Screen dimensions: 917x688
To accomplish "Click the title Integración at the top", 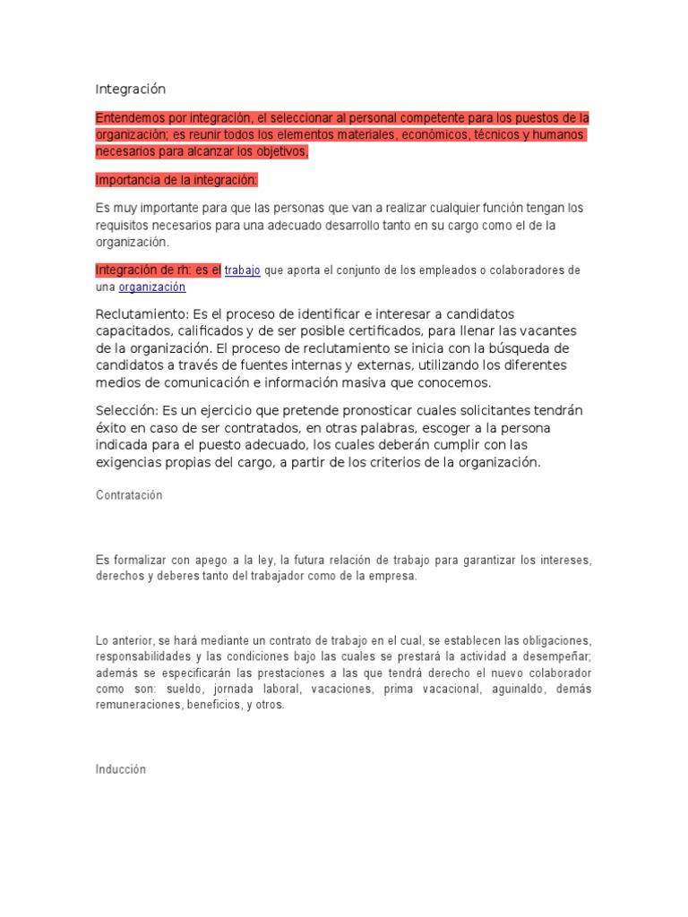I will click(131, 90).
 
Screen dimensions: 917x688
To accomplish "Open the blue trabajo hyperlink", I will click(243, 270).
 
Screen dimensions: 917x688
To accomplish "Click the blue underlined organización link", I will click(151, 287).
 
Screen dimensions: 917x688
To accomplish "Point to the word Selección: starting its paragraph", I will click(126, 410).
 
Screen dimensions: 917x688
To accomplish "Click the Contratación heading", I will click(129, 495).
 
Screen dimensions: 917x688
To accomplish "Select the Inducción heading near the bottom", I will click(120, 769).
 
